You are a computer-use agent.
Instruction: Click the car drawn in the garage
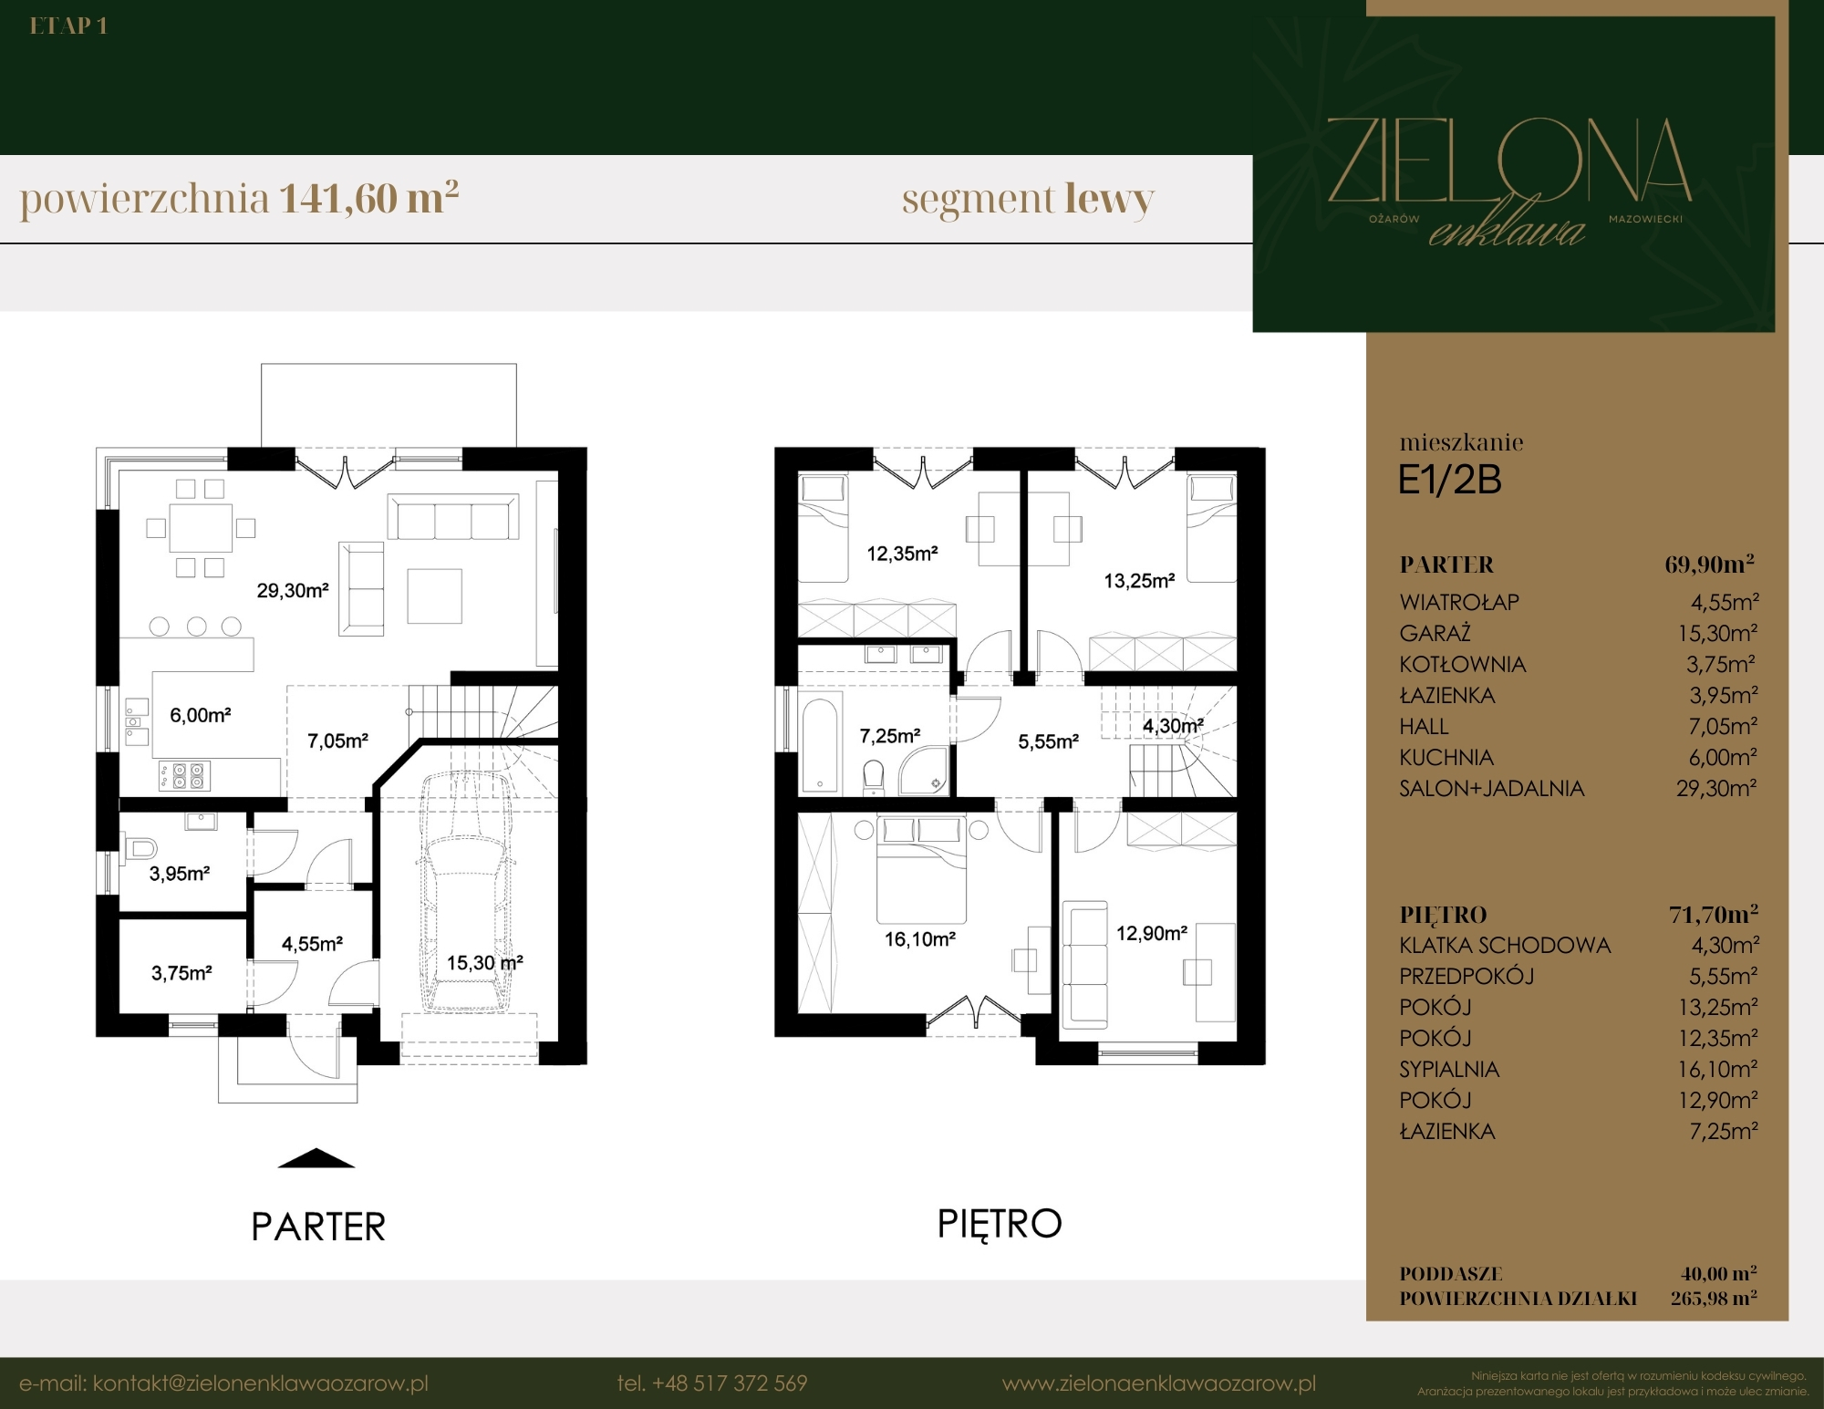tap(465, 892)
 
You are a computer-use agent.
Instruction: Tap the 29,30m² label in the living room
tap(293, 591)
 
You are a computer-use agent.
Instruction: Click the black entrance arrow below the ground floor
tap(316, 1158)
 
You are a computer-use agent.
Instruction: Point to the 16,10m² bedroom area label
tap(920, 939)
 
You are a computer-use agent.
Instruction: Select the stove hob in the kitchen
tap(184, 775)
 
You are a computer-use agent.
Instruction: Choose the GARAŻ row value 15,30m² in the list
tap(1717, 633)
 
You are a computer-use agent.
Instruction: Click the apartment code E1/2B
tap(1450, 481)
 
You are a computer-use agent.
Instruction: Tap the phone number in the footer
tap(712, 1383)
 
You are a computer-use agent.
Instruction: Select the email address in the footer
tap(223, 1383)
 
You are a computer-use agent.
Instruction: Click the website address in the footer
tap(1159, 1383)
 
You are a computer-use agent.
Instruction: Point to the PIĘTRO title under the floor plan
tap(1000, 1224)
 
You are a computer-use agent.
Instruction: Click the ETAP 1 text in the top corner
tap(68, 26)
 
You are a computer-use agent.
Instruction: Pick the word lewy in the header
tap(1109, 199)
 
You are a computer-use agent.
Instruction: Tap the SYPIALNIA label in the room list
tap(1449, 1069)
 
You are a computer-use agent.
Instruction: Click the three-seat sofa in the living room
tap(453, 517)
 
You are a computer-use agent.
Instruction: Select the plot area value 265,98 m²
tap(1714, 1298)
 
